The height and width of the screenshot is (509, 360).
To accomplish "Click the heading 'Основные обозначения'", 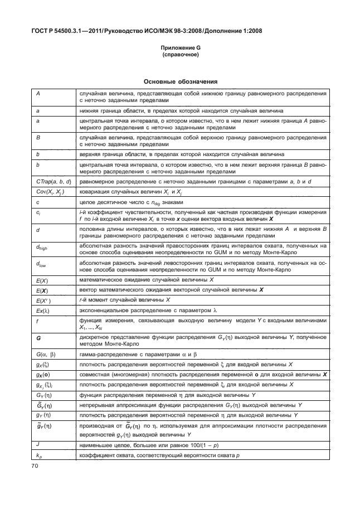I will (x=180, y=81).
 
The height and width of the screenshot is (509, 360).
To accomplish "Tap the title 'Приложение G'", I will (x=180, y=49).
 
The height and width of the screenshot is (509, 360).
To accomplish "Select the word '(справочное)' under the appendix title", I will (x=180, y=55).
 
